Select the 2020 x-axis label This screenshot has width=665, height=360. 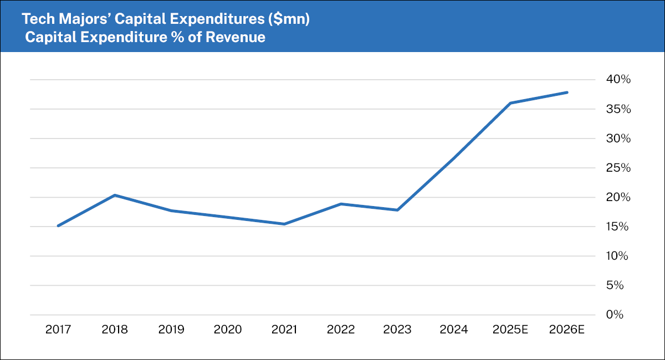[x=227, y=330]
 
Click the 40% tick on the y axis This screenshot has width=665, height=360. [x=618, y=80]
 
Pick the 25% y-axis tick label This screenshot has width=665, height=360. [x=618, y=168]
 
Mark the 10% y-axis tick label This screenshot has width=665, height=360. [x=618, y=256]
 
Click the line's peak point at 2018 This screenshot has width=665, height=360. [x=114, y=195]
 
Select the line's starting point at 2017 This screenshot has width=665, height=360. [x=58, y=226]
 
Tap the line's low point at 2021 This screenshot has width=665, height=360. [x=284, y=224]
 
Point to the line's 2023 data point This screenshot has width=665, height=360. [x=397, y=210]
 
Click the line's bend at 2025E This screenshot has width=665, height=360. [x=510, y=103]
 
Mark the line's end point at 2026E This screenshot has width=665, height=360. [x=567, y=92]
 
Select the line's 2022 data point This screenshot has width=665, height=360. [x=341, y=204]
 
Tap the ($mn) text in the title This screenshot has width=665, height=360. [x=289, y=20]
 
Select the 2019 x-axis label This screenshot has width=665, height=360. [x=171, y=330]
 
